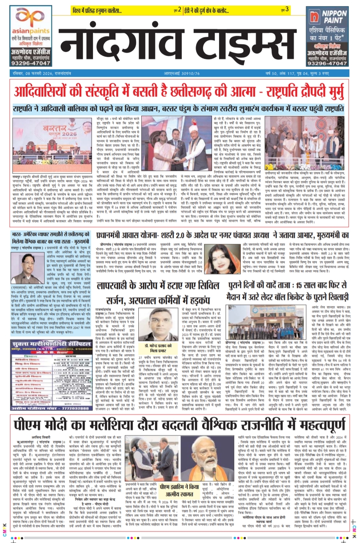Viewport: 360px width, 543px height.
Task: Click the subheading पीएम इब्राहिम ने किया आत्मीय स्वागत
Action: (x=179, y=490)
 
